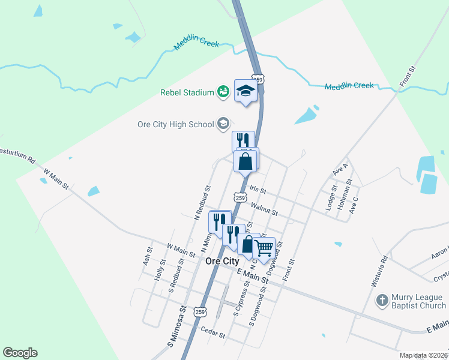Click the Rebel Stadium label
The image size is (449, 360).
pos(187,92)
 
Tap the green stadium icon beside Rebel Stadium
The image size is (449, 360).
pos(223,92)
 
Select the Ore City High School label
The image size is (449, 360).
pos(176,124)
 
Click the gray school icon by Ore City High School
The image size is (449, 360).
pos(223,124)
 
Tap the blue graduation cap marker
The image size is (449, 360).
pos(246,91)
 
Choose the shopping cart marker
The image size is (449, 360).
pos(265,246)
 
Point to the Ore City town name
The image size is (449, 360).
pos(222,262)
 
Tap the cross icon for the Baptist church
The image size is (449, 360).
pos(381,300)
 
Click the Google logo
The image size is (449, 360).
pos(20,353)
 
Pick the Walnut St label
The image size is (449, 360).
pos(265,209)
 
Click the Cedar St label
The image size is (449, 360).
pos(212,334)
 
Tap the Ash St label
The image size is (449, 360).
pos(146,256)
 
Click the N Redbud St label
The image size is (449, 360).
pos(202,202)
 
